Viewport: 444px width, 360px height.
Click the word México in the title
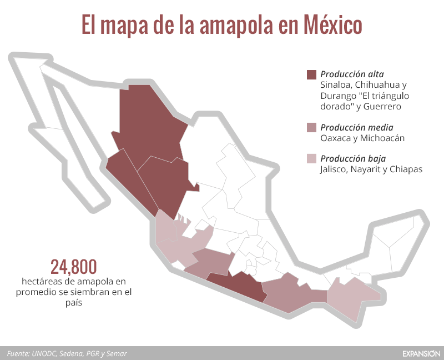[x=332, y=25]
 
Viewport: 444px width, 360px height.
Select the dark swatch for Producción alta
[x=311, y=74]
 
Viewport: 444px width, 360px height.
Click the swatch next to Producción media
[x=311, y=128]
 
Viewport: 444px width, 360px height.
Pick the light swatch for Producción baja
[x=311, y=159]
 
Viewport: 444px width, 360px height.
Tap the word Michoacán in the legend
[x=386, y=138]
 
